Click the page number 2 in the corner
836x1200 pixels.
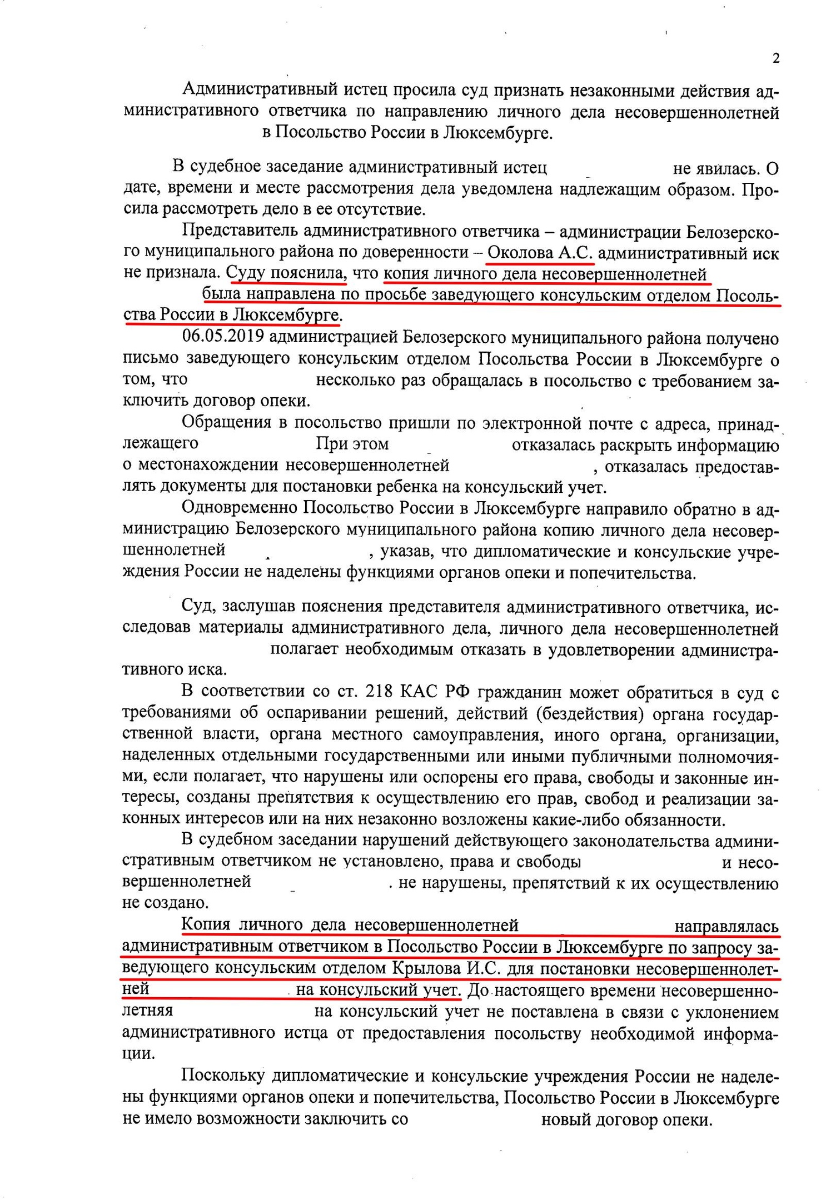[776, 58]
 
